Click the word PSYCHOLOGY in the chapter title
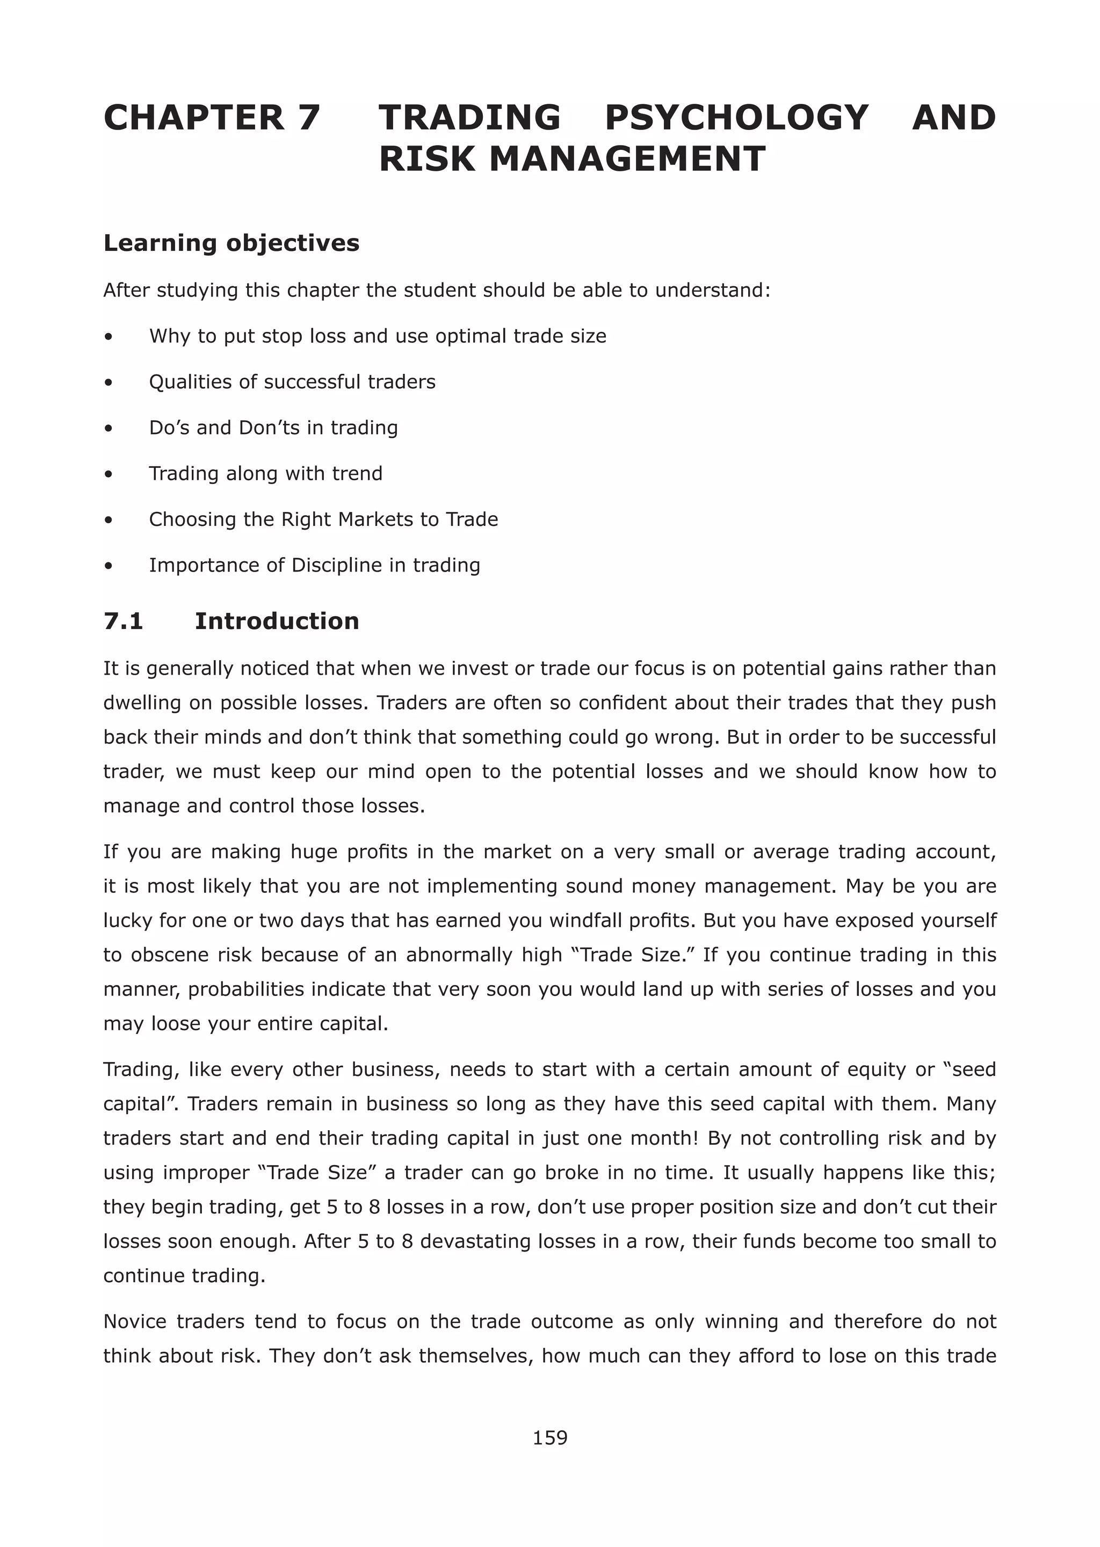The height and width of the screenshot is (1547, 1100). pyautogui.click(x=736, y=118)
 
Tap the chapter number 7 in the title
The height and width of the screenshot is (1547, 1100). pyautogui.click(x=308, y=118)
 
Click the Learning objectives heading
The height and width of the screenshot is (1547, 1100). pyautogui.click(x=231, y=243)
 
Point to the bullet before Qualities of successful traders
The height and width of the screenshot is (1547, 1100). pyautogui.click(x=108, y=382)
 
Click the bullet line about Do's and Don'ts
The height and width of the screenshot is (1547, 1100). pyautogui.click(x=273, y=428)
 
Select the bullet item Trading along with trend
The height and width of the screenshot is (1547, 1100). pyautogui.click(x=265, y=473)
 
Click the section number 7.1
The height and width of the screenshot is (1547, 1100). pyautogui.click(x=124, y=621)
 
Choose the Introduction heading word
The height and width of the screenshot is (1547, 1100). pyautogui.click(x=277, y=621)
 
